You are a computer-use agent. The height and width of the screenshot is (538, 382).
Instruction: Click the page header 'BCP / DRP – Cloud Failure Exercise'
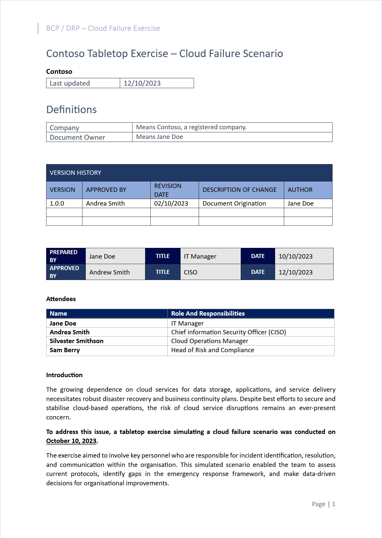click(x=103, y=28)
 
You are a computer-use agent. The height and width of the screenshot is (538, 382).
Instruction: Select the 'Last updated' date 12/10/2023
click(x=142, y=83)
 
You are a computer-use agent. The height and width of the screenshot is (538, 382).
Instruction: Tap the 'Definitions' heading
click(x=71, y=110)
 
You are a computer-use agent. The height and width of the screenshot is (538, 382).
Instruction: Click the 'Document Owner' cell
click(x=77, y=137)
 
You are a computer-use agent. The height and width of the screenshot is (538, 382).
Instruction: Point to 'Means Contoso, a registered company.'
click(x=191, y=127)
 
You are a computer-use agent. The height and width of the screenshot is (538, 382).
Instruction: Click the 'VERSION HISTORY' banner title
click(x=76, y=173)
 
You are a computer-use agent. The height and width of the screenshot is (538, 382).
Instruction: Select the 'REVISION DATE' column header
click(x=168, y=190)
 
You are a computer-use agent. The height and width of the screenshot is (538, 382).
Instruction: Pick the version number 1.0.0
click(x=57, y=203)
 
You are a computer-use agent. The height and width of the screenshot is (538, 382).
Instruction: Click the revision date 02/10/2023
click(x=171, y=203)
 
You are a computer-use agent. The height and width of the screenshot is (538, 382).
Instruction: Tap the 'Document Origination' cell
click(x=234, y=203)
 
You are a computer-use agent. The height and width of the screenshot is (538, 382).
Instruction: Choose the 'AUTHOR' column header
click(x=300, y=190)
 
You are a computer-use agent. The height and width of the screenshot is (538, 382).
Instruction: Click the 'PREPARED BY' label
click(x=64, y=256)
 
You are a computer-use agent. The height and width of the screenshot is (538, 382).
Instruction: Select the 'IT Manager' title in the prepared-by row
click(x=200, y=256)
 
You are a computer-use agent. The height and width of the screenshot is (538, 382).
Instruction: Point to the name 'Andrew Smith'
click(x=109, y=272)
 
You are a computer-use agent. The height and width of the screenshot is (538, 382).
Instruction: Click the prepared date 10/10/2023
click(x=295, y=256)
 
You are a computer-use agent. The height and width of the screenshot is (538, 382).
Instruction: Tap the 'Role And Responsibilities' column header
click(x=208, y=313)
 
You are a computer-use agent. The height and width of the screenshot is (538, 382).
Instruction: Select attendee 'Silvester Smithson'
click(x=77, y=341)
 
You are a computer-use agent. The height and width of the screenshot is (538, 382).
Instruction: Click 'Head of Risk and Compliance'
click(x=213, y=350)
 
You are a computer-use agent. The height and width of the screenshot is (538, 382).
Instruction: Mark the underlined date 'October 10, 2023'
click(x=71, y=441)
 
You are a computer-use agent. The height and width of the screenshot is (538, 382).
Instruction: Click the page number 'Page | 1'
click(x=323, y=504)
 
